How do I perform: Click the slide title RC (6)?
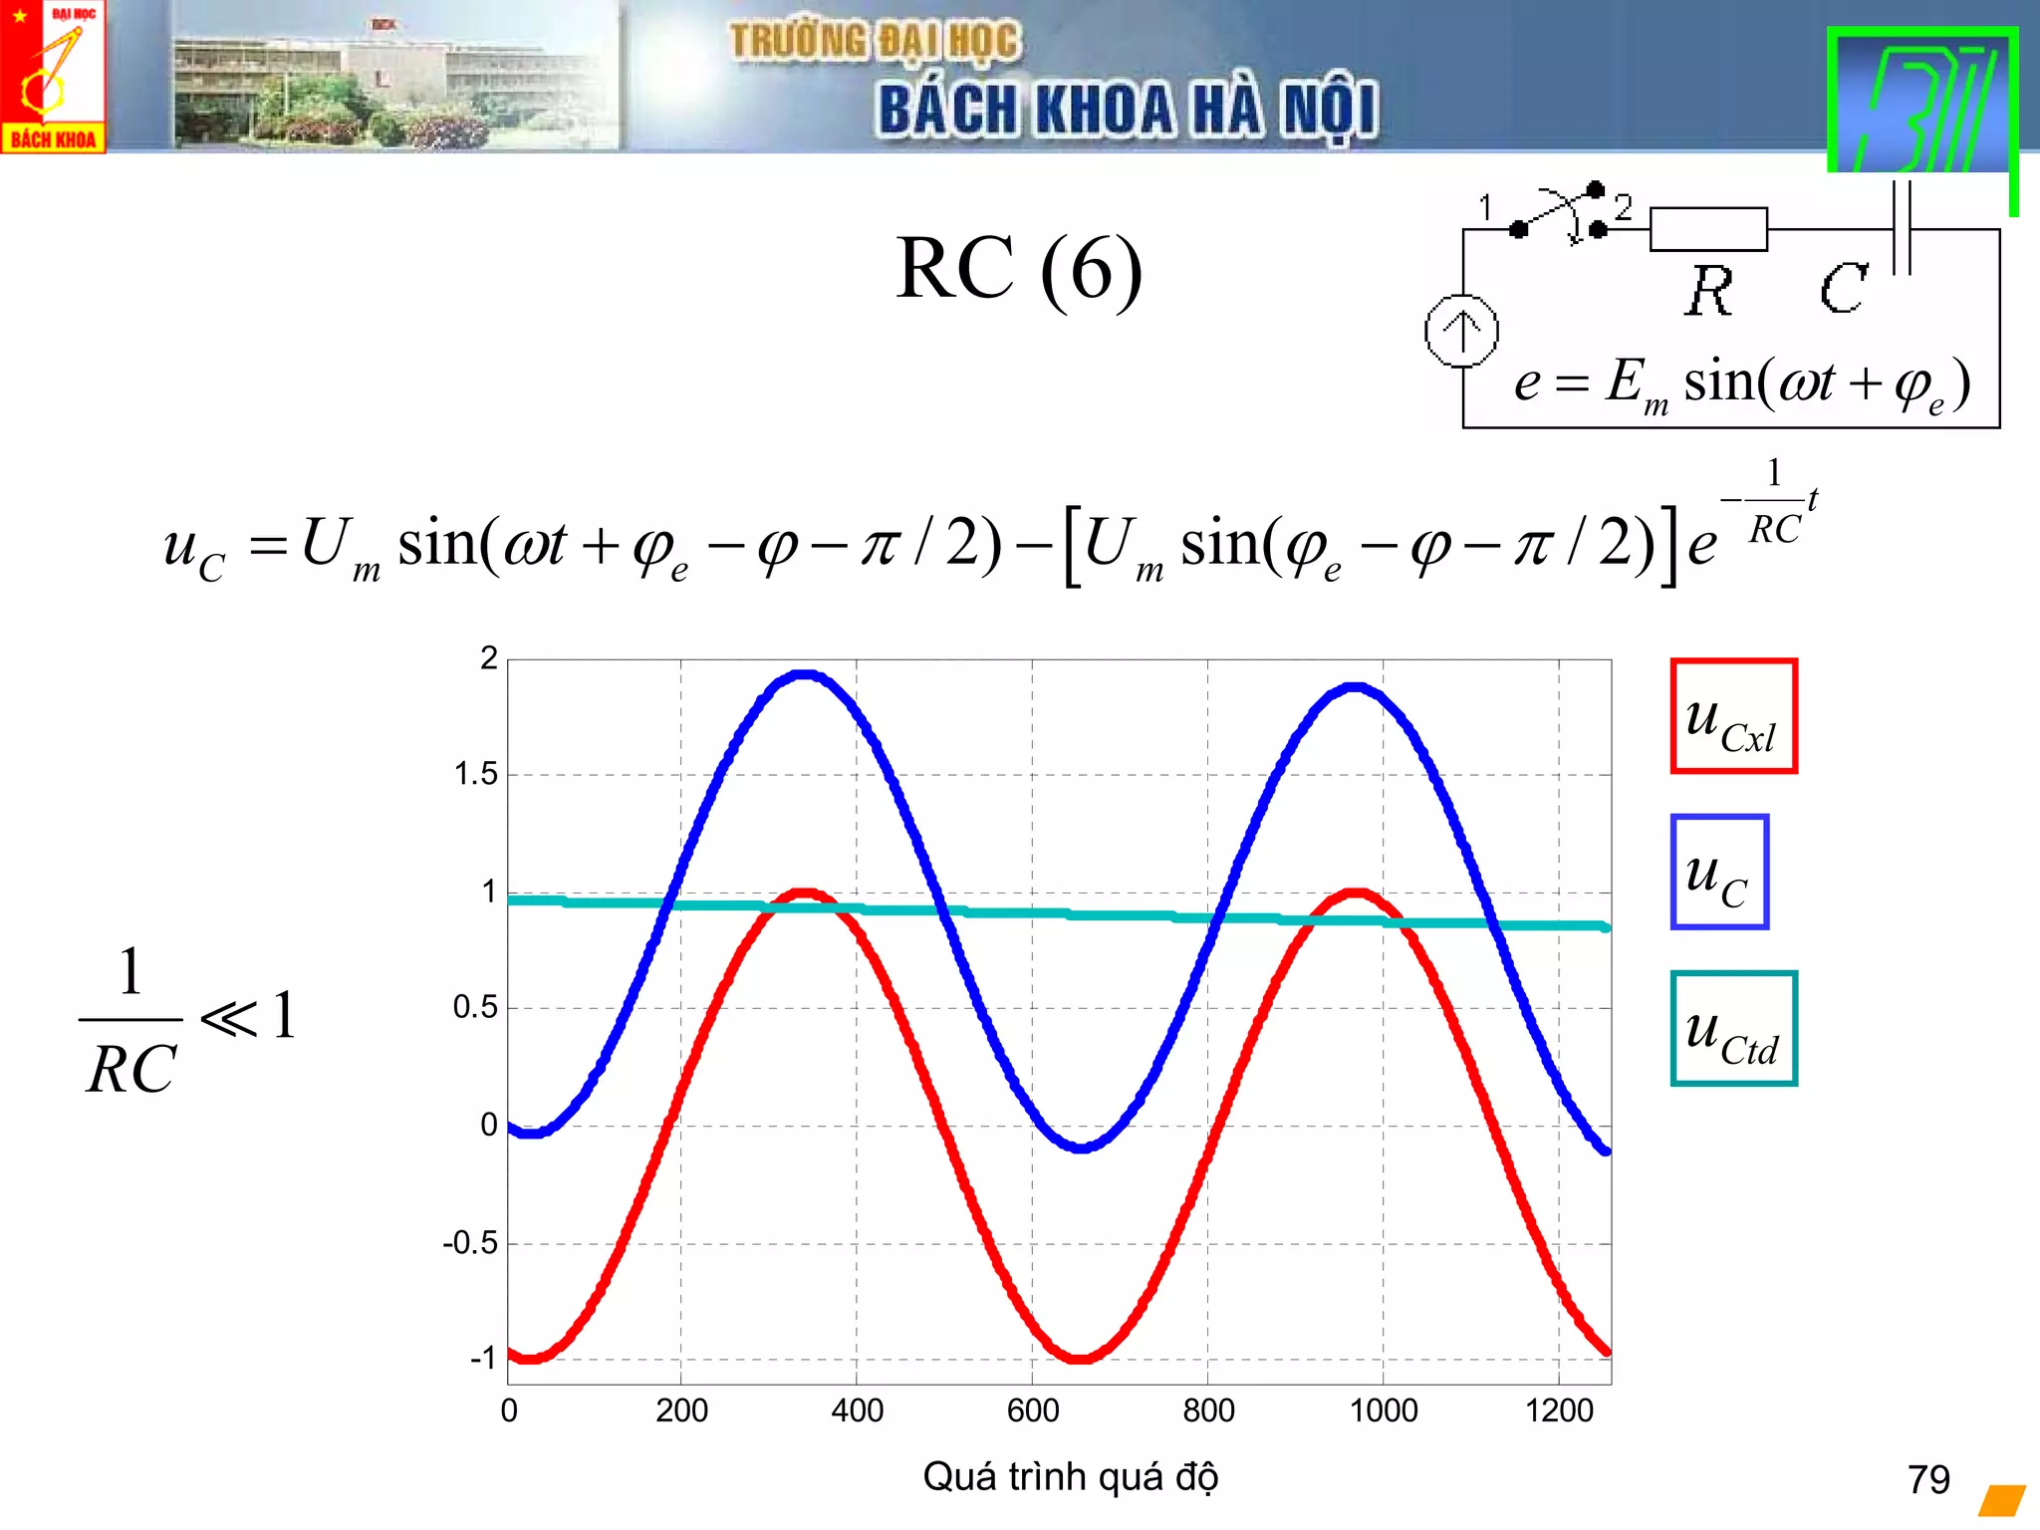click(x=1018, y=269)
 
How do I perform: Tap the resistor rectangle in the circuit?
click(x=1707, y=229)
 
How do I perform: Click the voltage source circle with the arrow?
click(x=1461, y=331)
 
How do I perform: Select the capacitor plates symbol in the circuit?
click(x=1901, y=228)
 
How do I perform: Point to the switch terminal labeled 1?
click(x=1517, y=229)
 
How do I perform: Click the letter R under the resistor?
click(x=1709, y=291)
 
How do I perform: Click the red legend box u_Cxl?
click(x=1733, y=715)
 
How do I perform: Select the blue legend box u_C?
click(x=1719, y=872)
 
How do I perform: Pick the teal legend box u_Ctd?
click(x=1733, y=1028)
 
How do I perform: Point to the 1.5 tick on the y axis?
click(x=475, y=774)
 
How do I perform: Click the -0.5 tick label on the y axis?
click(x=469, y=1242)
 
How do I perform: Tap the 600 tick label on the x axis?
click(x=1032, y=1410)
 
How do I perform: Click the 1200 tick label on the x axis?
click(x=1559, y=1410)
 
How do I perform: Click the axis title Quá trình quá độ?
click(x=1070, y=1476)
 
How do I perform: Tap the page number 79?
click(x=1928, y=1479)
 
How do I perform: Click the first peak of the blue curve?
click(x=804, y=675)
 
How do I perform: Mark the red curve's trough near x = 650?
click(x=1080, y=1357)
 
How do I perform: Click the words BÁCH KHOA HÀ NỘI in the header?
click(x=1128, y=109)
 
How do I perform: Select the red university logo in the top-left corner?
click(x=53, y=77)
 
